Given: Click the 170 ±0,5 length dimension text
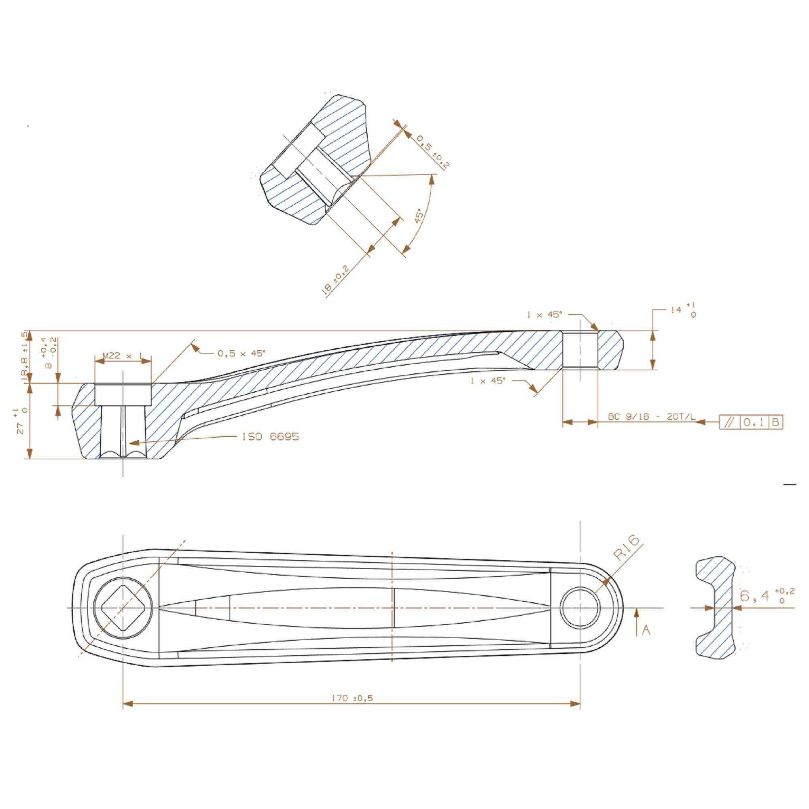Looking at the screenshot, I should tap(352, 698).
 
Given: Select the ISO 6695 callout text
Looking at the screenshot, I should tap(270, 437).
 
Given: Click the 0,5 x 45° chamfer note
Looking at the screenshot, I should tap(241, 354).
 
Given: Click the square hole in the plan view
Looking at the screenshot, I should tap(122, 607).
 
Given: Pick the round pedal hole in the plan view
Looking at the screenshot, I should tap(580, 607).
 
